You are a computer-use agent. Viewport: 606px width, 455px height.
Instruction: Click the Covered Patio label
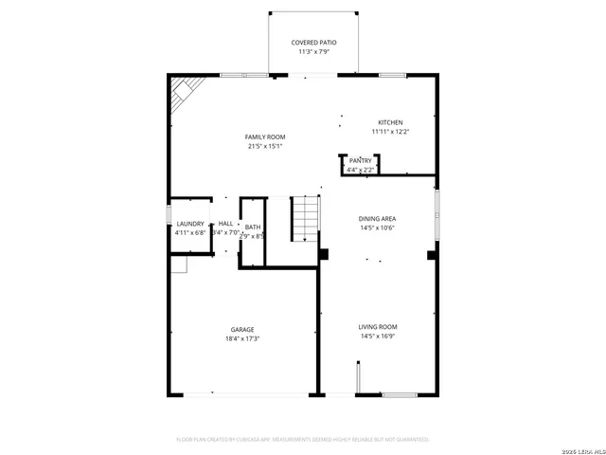coord(313,43)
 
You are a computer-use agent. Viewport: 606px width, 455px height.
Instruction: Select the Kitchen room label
coord(390,122)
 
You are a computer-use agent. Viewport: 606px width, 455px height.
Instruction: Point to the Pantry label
coord(360,161)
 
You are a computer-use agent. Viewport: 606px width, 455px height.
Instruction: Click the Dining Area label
coord(377,219)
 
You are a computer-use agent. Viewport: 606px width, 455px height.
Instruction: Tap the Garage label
coord(243,330)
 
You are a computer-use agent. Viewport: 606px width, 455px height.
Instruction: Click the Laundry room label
coord(190,224)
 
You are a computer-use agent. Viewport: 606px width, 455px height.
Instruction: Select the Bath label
coord(253,227)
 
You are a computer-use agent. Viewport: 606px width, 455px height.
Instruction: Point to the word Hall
coord(225,224)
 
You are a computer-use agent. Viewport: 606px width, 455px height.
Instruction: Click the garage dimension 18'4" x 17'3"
coord(243,338)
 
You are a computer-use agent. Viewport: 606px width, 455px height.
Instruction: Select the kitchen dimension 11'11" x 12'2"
coord(390,132)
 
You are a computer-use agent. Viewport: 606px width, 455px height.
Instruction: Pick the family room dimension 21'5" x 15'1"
coord(265,146)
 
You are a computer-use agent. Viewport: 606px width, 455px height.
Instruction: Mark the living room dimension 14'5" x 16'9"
coord(377,336)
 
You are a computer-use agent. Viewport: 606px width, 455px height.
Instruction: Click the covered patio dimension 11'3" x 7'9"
coord(313,52)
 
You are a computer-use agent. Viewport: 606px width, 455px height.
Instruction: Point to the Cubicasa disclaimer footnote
coord(303,440)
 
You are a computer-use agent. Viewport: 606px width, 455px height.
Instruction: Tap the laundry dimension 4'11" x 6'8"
coord(190,232)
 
